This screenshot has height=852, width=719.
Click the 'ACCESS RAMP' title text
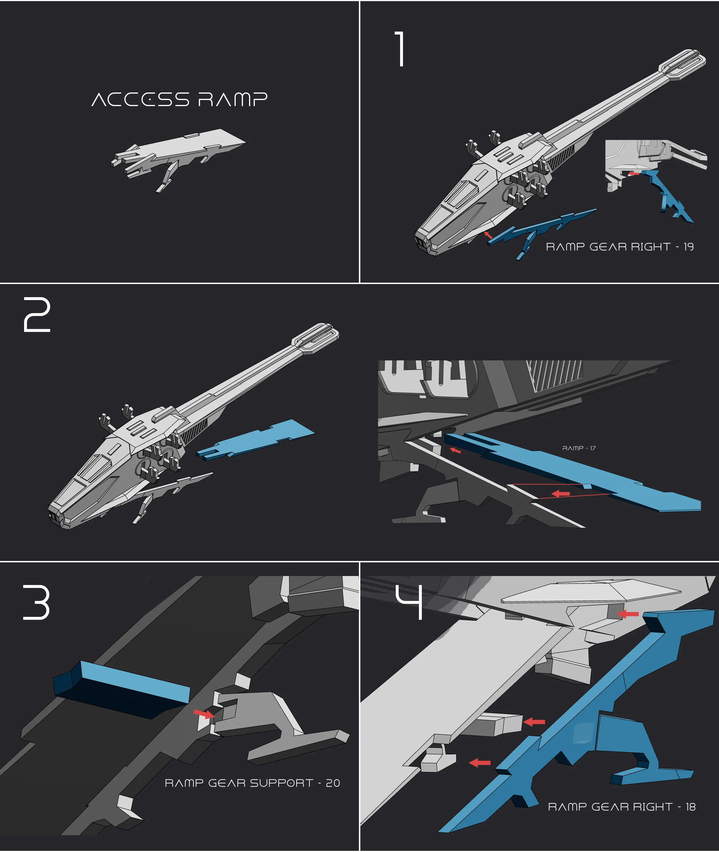click(179, 99)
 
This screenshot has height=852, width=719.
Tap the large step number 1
click(401, 49)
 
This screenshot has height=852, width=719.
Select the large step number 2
click(37, 315)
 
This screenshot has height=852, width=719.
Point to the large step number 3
click(36, 602)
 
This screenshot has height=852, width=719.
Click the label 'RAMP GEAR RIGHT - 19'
click(620, 247)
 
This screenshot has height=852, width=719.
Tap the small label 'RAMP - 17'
click(579, 448)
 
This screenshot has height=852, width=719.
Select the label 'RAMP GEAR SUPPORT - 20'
click(252, 783)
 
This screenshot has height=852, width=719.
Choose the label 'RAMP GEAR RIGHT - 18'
click(622, 807)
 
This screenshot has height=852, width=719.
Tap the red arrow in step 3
click(204, 713)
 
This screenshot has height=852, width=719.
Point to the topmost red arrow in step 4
click(628, 614)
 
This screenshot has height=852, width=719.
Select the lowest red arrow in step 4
click(480, 762)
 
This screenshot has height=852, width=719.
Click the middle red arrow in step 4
click(534, 722)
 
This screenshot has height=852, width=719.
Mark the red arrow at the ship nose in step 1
click(488, 235)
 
